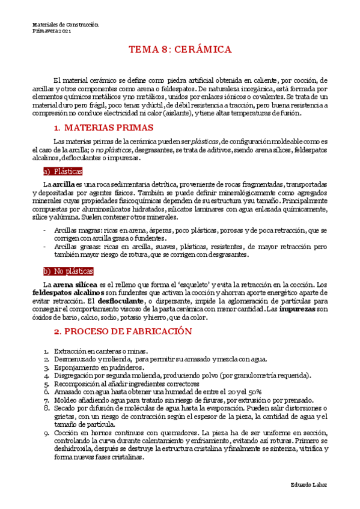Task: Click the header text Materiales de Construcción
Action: [65, 25]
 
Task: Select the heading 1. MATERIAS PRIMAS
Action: [104, 127]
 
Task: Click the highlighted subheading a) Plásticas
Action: [63, 171]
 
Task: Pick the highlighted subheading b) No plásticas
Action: [68, 271]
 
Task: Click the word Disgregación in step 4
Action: [74, 375]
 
